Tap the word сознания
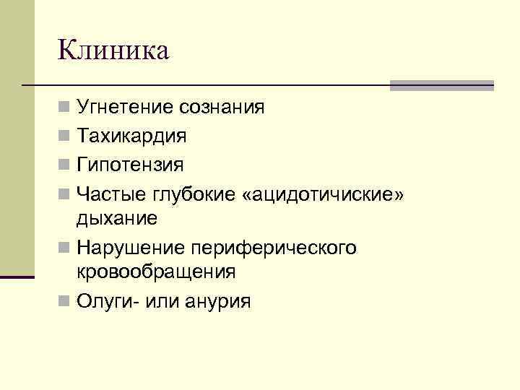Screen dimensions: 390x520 click(222, 108)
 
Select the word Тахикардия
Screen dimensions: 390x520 click(132, 136)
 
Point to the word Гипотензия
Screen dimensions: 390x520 click(131, 164)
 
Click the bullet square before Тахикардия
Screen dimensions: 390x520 click(65, 136)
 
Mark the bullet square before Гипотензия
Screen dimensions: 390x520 click(65, 164)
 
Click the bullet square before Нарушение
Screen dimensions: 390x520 click(65, 247)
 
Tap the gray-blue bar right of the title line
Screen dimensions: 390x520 click(441, 85)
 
